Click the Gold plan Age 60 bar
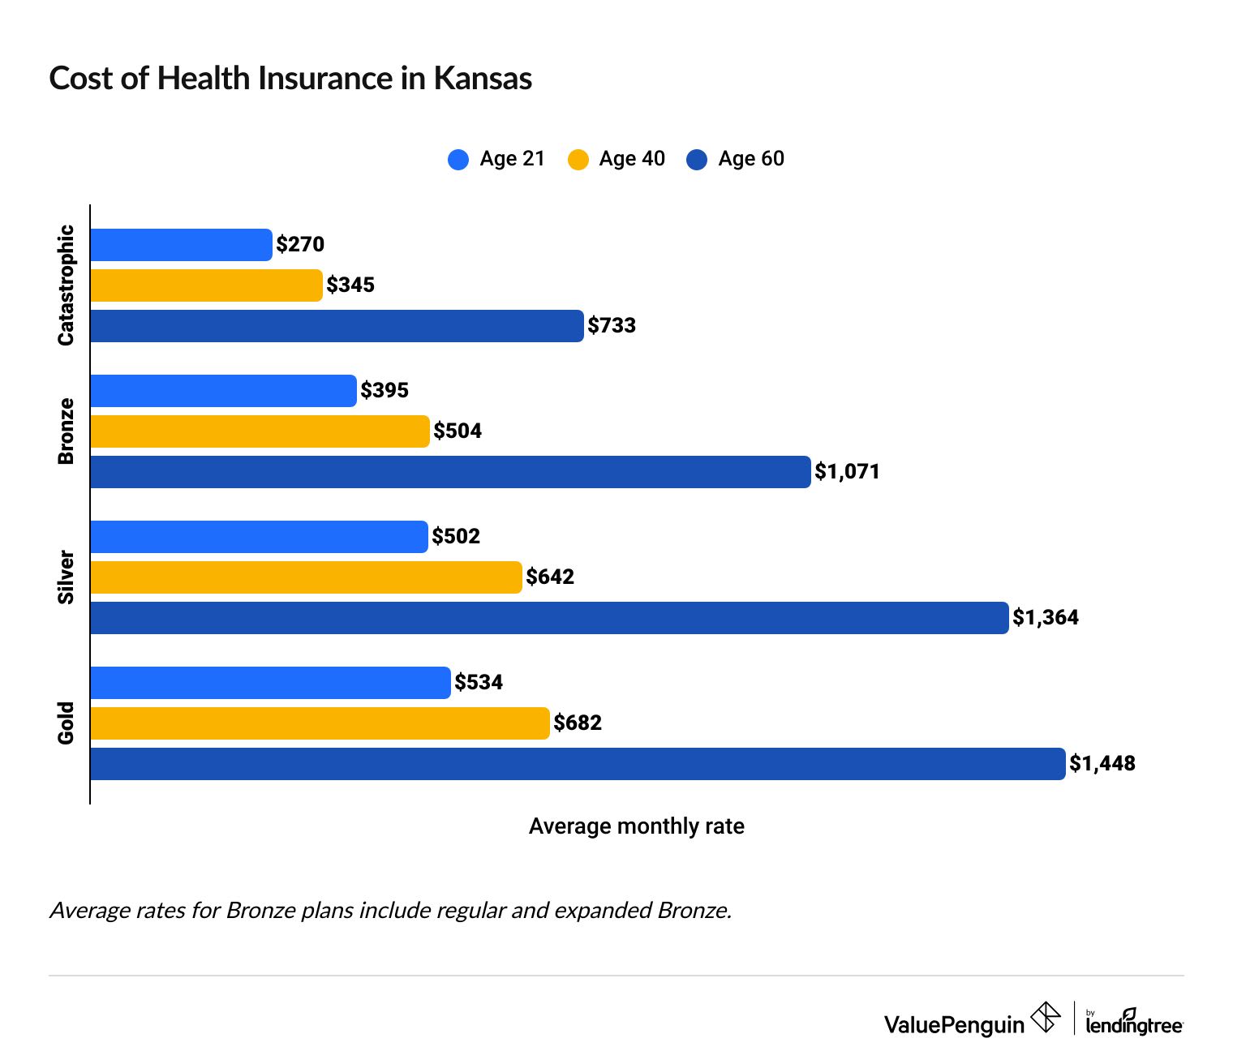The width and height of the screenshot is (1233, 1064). coord(578,764)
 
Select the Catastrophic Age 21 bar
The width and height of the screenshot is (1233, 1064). coord(181,245)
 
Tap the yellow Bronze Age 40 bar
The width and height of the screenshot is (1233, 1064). coord(260,431)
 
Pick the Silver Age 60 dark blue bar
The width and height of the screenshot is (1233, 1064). coord(549,618)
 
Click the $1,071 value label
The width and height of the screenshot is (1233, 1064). coord(847,472)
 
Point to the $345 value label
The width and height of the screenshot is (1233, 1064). coord(350,285)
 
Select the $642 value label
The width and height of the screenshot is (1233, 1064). coord(550,577)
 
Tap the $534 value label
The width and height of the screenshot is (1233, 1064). coord(479,683)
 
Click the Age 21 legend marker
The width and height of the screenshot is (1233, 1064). coord(458,159)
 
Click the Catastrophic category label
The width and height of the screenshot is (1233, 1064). coord(67,285)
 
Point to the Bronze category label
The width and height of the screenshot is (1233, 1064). coord(67,431)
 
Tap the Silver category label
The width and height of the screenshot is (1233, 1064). coord(67,577)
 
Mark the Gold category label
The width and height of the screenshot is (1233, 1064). coord(67,723)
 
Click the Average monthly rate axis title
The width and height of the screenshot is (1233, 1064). coord(636,826)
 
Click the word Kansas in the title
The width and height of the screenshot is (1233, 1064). coord(483,79)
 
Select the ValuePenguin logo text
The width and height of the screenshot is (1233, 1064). coord(954,1024)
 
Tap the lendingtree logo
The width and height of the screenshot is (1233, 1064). coord(1134,1023)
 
